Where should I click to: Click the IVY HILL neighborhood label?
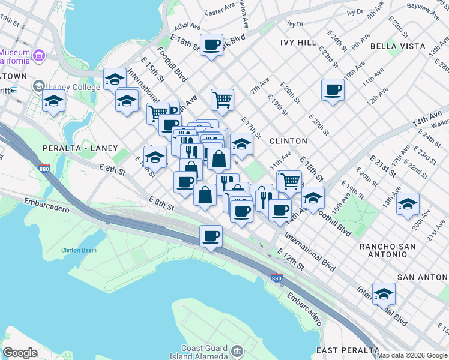tap(298, 43)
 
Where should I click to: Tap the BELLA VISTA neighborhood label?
tap(397, 46)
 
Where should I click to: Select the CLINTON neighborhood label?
tap(288, 141)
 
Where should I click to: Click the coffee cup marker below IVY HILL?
tap(332, 91)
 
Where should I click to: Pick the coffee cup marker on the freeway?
tap(211, 236)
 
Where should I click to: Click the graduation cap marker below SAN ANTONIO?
tap(384, 295)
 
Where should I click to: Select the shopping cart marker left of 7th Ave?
tap(221, 100)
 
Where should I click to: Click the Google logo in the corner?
tap(20, 353)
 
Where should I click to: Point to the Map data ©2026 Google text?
tap(412, 355)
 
